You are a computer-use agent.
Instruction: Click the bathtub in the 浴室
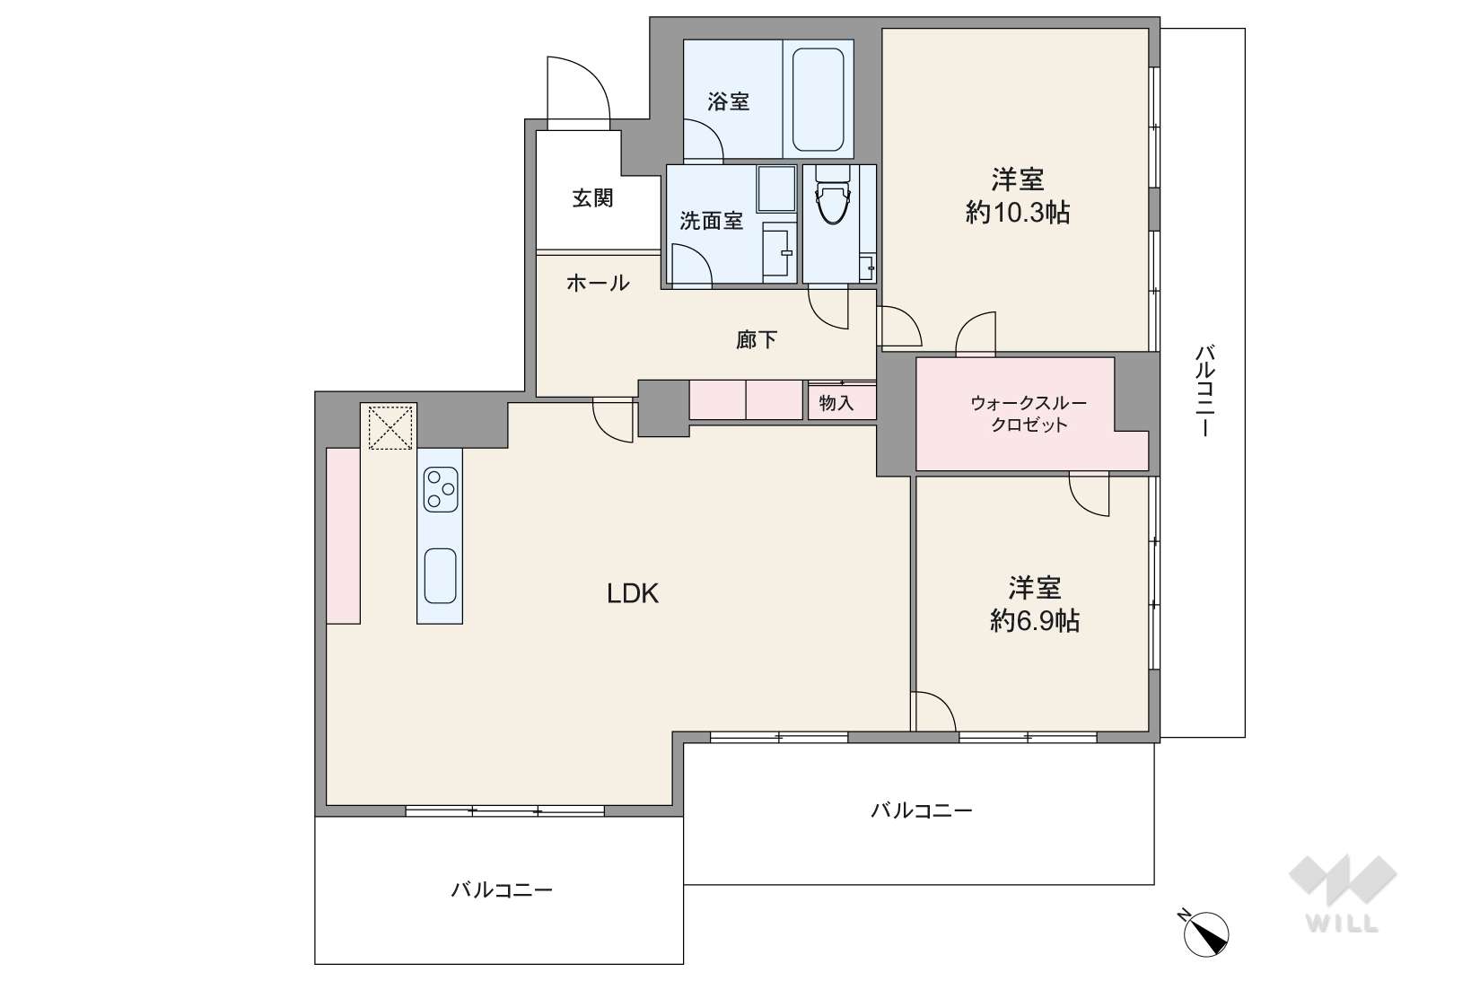tap(818, 99)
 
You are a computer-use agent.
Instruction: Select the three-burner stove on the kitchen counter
tap(440, 489)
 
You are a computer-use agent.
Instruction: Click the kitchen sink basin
tap(440, 576)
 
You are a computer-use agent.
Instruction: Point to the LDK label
tap(632, 593)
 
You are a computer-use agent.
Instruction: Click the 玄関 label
tap(592, 197)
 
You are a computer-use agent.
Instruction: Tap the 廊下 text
tap(756, 339)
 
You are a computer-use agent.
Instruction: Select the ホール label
tap(598, 283)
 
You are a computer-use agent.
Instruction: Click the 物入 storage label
tap(836, 402)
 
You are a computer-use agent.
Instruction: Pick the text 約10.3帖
tap(1017, 213)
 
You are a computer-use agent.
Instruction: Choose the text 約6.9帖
tap(1035, 620)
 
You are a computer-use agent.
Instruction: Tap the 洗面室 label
tap(711, 221)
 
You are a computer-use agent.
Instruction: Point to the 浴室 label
tap(728, 101)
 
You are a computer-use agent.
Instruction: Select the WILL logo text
tap(1342, 924)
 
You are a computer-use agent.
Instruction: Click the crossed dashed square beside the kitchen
tap(390, 428)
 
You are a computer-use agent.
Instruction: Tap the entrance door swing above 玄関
tap(579, 90)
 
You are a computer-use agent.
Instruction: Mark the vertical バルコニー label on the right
tap(1204, 390)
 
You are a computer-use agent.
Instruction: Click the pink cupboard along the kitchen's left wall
tap(344, 536)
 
